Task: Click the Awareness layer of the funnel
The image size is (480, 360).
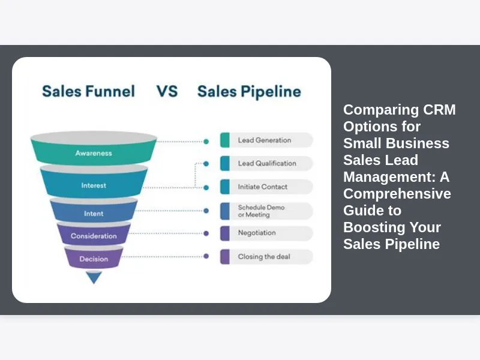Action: pos(94,153)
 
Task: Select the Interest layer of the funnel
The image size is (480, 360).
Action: pos(94,185)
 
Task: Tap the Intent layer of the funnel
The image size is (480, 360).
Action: pos(94,213)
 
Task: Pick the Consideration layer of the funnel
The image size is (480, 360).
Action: pos(94,236)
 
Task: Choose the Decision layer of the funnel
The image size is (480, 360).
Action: pos(94,259)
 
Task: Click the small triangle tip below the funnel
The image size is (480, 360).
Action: pos(94,277)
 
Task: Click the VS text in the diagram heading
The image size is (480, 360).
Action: pos(167,91)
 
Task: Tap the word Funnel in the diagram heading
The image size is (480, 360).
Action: pos(110,91)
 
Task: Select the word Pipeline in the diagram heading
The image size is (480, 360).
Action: pos(271,92)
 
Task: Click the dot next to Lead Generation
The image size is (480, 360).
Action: pos(206,142)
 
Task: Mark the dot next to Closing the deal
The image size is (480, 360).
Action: pos(206,256)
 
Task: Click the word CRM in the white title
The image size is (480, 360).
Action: pos(439,110)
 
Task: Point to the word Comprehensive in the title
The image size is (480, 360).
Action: pos(397,194)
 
